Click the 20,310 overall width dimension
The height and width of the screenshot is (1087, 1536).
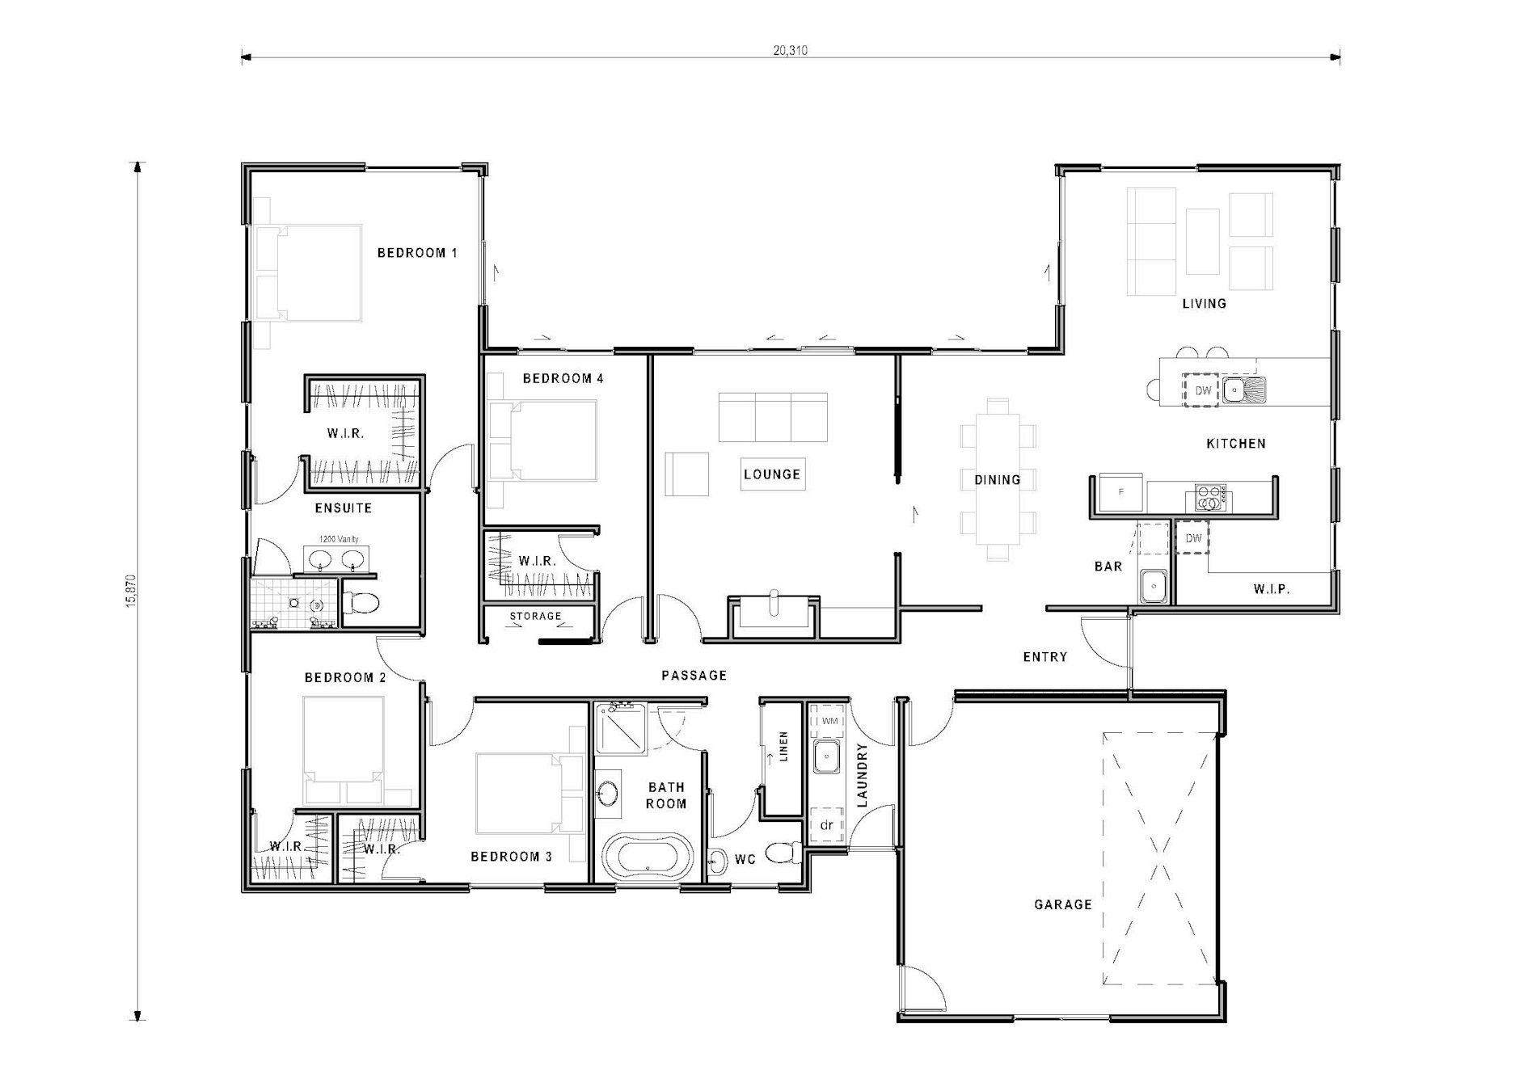pyautogui.click(x=790, y=50)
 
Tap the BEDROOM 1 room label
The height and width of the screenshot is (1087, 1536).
pyautogui.click(x=417, y=253)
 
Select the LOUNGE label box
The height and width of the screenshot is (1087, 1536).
pyautogui.click(x=771, y=474)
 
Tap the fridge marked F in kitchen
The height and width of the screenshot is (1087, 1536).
pyautogui.click(x=1120, y=493)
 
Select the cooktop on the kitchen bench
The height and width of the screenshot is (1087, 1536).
pyautogui.click(x=1210, y=498)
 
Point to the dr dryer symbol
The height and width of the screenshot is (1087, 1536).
pyautogui.click(x=826, y=825)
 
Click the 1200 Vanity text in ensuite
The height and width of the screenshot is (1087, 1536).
pyautogui.click(x=339, y=539)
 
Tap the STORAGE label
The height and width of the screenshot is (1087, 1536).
pyautogui.click(x=535, y=616)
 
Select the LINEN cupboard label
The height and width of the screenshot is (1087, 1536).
pyautogui.click(x=783, y=748)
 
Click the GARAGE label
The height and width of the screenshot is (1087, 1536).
pyautogui.click(x=1062, y=905)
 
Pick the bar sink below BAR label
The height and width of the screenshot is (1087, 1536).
pyautogui.click(x=1154, y=584)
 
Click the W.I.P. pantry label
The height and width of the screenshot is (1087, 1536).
pyautogui.click(x=1271, y=589)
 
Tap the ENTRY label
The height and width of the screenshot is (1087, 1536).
pyautogui.click(x=1044, y=657)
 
